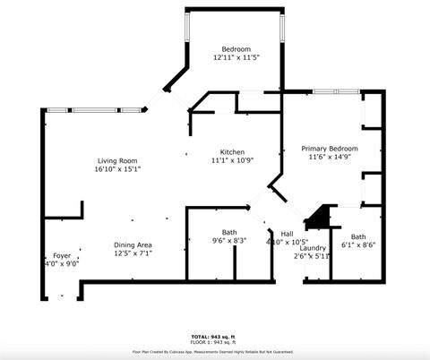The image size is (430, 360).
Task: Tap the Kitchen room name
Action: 233,152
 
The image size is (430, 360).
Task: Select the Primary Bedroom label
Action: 329,149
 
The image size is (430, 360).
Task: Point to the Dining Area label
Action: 133,244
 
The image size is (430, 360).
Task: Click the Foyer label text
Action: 62,255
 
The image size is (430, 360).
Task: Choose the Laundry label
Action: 313,247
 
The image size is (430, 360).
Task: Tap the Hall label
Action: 287,233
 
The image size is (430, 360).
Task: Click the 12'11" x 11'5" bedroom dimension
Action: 236,57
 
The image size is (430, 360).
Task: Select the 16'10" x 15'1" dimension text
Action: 117,168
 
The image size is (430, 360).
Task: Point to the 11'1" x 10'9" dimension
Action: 233,161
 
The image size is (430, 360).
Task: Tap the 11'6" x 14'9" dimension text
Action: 329,158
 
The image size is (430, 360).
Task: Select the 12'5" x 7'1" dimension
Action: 133,253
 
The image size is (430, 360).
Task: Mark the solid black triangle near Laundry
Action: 317,218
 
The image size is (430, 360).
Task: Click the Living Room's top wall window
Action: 96,110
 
